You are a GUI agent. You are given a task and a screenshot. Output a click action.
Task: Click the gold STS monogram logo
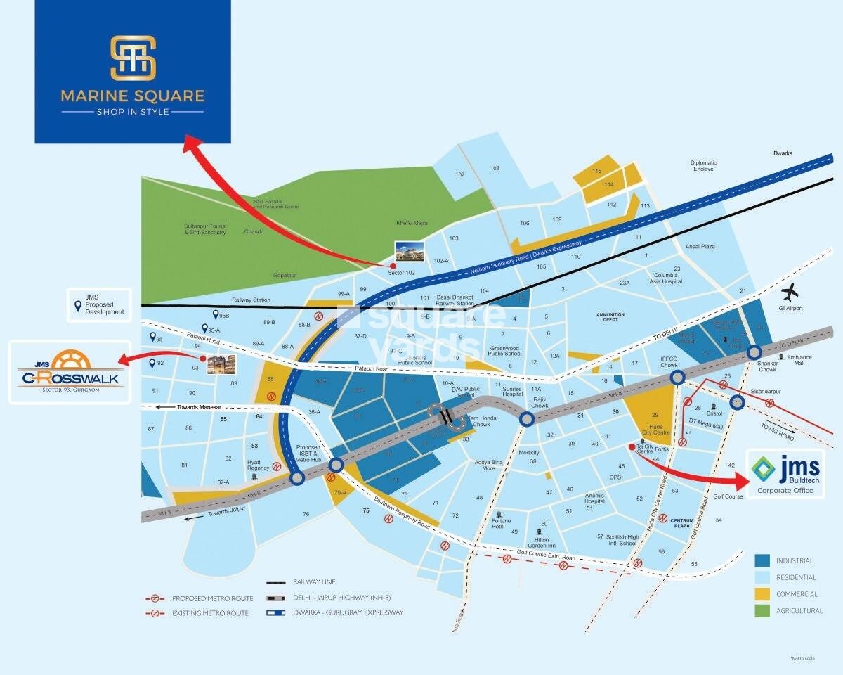point(133,57)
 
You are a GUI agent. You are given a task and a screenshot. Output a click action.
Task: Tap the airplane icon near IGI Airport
point(791,290)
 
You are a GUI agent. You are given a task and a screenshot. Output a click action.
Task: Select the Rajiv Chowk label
point(540,402)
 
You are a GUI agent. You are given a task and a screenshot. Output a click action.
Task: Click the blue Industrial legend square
point(762,560)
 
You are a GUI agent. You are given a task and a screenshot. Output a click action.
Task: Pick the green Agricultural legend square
point(762,611)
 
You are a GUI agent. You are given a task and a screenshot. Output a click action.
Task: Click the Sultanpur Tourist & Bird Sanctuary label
point(205,228)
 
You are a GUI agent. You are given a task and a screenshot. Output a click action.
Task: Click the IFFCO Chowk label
point(669,362)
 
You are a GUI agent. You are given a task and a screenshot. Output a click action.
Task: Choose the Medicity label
point(528,453)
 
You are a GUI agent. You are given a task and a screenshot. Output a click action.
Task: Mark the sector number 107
point(460,174)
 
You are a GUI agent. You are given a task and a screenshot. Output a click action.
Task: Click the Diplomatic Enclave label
point(702,165)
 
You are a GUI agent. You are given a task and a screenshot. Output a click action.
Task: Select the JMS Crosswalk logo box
point(70,372)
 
